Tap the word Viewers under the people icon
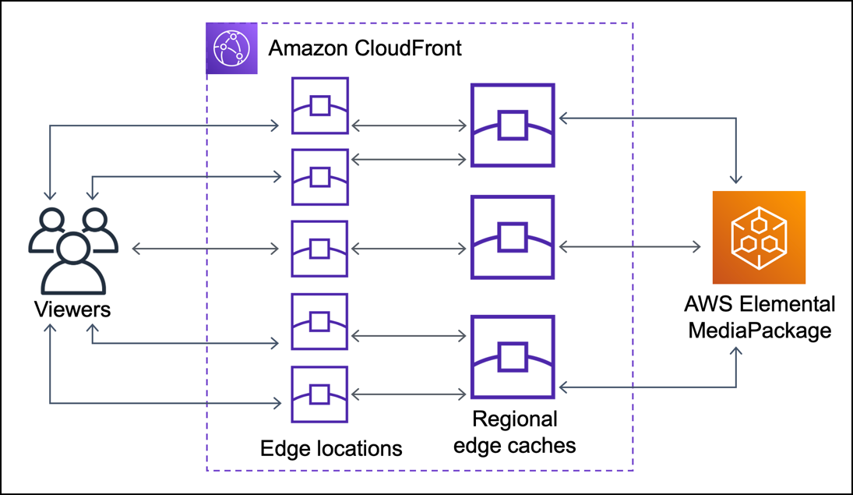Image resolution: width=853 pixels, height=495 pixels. [x=72, y=309]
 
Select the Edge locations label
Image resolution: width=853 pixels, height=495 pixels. [x=331, y=448]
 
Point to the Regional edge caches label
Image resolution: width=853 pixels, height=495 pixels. [x=514, y=433]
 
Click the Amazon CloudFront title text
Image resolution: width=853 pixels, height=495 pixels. [x=365, y=48]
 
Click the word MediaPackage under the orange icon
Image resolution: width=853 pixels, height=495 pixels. [x=759, y=331]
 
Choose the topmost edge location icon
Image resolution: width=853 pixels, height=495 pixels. [x=319, y=105]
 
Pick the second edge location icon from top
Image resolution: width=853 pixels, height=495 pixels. [x=319, y=178]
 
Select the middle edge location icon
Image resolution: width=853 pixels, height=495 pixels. [x=319, y=249]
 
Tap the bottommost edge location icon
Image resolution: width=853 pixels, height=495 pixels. [x=319, y=394]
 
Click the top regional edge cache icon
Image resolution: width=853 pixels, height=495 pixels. [x=512, y=126]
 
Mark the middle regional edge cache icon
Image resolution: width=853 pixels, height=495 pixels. [x=512, y=238]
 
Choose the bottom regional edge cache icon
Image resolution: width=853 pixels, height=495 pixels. [x=512, y=356]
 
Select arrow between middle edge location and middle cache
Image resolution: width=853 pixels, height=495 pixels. [x=408, y=249]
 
